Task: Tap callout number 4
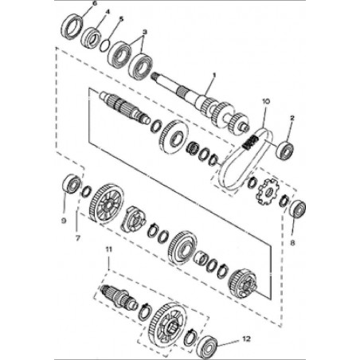pyautogui.click(x=108, y=12)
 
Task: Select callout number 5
pyautogui.click(x=121, y=19)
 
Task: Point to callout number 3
pyautogui.click(x=145, y=32)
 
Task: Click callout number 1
pyautogui.click(x=214, y=76)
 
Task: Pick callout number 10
pyautogui.click(x=266, y=101)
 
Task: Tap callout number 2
pyautogui.click(x=292, y=118)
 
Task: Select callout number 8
pyautogui.click(x=292, y=243)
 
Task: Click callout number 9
pyautogui.click(x=64, y=221)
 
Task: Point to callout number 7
pyautogui.click(x=77, y=238)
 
